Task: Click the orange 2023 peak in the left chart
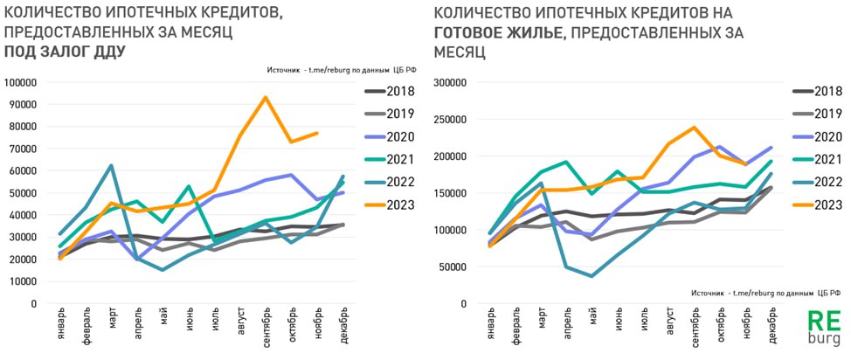click(265, 97)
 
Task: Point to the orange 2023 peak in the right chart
click(695, 128)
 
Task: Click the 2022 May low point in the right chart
click(592, 276)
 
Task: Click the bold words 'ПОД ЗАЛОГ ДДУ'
click(66, 52)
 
